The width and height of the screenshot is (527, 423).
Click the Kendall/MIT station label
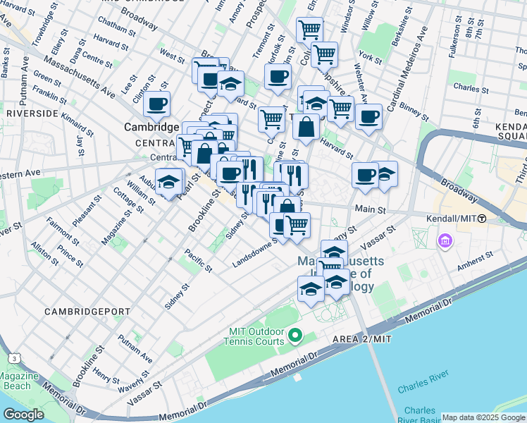pyautogui.click(x=452, y=219)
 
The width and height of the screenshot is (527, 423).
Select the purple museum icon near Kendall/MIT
pyautogui.click(x=445, y=243)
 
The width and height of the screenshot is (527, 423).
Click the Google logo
pyautogui.click(x=23, y=415)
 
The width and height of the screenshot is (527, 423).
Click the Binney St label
pyautogui.click(x=415, y=109)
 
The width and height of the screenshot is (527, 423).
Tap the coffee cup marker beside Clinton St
pyautogui.click(x=156, y=105)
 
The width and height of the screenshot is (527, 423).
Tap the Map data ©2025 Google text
pyautogui.click(x=483, y=417)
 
